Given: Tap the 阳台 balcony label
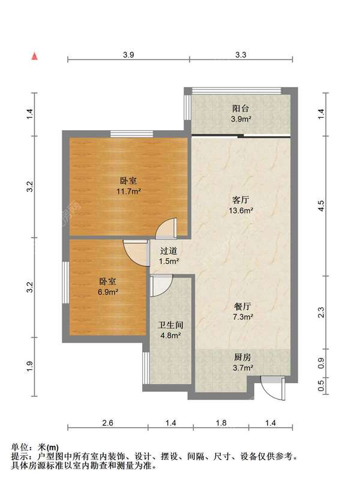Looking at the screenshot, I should click(241, 109).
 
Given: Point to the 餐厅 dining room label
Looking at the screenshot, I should click(242, 306).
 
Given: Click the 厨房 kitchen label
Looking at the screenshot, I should click(242, 357).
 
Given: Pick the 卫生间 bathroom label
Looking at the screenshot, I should click(170, 325).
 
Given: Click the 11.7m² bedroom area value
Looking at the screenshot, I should click(128, 191).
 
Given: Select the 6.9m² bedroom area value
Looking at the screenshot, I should click(108, 292).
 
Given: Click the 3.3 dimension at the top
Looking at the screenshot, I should click(241, 55).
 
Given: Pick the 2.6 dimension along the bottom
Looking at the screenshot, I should click(107, 423).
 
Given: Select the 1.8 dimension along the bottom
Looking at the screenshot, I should click(221, 423).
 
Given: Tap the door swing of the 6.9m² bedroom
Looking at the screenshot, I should click(136, 251).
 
